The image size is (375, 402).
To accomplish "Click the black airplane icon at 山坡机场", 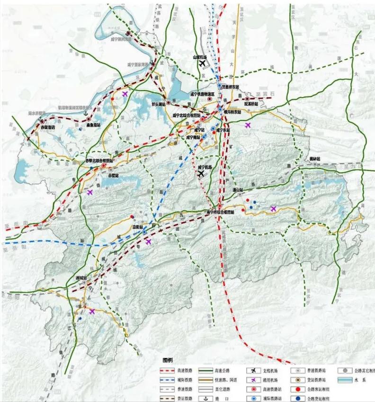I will (203, 63).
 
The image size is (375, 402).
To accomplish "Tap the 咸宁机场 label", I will (204, 167).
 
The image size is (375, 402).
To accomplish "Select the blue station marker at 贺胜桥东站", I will (220, 86).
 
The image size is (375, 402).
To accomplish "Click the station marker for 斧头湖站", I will (168, 101).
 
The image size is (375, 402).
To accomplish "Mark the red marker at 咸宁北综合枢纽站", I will (202, 119).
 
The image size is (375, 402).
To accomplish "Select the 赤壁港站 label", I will (47, 127).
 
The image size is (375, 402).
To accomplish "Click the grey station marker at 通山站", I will (241, 194).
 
